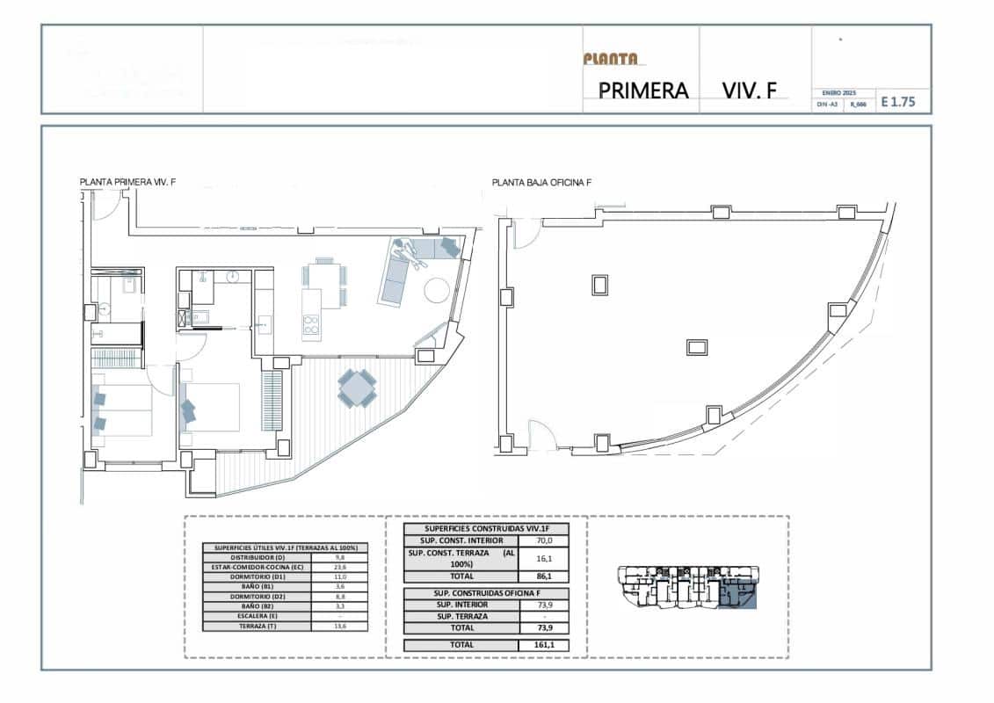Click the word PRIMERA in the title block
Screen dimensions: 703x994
tap(642, 91)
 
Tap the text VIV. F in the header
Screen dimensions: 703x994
tap(749, 91)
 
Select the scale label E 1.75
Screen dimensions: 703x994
tap(897, 102)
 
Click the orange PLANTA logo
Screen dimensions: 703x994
tap(610, 59)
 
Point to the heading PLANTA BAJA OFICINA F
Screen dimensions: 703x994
tap(541, 184)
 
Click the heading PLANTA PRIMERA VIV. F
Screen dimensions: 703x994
tap(127, 183)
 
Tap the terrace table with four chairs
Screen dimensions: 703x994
tap(358, 388)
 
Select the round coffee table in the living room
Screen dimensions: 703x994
tap(437, 288)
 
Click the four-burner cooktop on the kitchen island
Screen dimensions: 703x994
tap(310, 327)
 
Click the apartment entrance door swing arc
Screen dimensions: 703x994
tap(106, 207)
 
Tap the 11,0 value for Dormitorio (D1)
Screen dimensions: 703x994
tap(339, 576)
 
